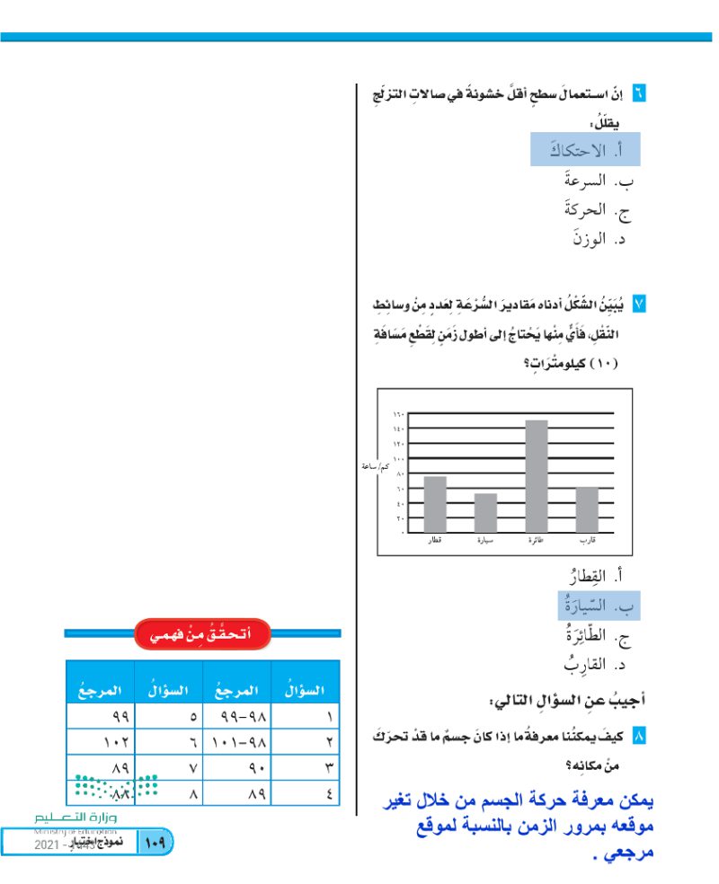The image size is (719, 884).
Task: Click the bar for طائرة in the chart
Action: click(537, 475)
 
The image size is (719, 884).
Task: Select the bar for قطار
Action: click(434, 503)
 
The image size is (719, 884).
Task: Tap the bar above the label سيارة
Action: click(485, 512)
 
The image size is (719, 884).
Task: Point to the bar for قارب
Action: click(587, 508)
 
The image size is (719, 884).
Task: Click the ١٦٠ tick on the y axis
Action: click(399, 414)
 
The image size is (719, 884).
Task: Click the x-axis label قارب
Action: click(587, 541)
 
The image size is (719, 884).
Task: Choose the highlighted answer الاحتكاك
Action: click(584, 149)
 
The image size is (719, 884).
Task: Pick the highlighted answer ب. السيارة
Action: click(594, 606)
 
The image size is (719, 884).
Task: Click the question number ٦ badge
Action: click(639, 93)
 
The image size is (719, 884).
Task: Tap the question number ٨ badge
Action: click(639, 737)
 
